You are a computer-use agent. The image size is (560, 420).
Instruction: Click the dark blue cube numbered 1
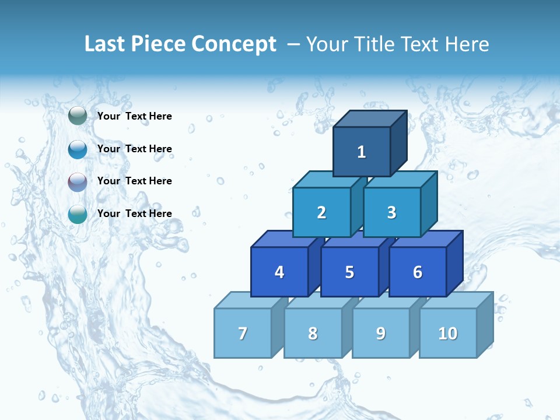click(x=362, y=152)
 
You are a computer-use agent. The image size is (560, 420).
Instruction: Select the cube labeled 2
click(x=321, y=212)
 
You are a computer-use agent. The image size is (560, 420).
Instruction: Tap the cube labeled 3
click(x=391, y=212)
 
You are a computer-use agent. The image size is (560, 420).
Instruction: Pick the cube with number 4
click(x=279, y=272)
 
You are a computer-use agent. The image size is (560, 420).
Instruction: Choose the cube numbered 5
click(x=349, y=272)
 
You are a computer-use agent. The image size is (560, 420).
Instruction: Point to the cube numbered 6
click(x=418, y=272)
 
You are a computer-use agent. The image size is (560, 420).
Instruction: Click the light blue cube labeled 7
click(x=243, y=333)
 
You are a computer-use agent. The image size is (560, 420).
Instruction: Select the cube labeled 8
click(x=313, y=333)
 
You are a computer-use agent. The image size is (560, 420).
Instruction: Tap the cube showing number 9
click(x=381, y=333)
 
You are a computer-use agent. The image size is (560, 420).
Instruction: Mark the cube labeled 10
click(x=448, y=333)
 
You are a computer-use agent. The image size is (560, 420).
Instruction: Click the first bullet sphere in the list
click(x=78, y=116)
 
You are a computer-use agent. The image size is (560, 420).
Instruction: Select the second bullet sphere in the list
click(x=78, y=149)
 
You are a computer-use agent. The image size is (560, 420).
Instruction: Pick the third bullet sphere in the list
click(x=78, y=181)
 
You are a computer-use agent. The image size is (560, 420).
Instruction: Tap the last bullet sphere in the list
click(x=78, y=214)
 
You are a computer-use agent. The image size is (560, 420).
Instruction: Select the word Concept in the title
click(x=235, y=44)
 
